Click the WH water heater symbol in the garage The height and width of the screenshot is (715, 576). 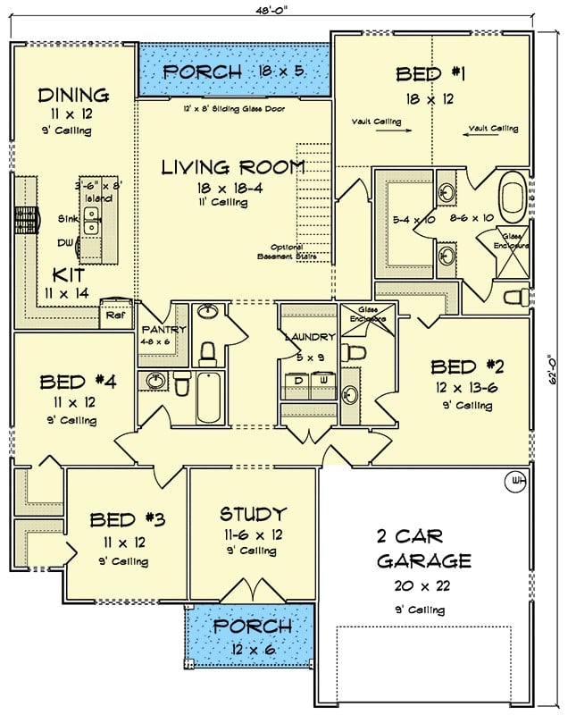[x=515, y=482]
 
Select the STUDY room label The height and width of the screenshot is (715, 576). [x=253, y=514]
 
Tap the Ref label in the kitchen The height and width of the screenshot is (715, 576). [x=114, y=314]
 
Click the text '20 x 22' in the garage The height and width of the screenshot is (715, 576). [x=424, y=588]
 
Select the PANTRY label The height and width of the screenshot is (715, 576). [x=163, y=330]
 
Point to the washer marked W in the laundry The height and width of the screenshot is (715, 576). [x=323, y=381]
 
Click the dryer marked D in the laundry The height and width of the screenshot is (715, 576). [x=297, y=381]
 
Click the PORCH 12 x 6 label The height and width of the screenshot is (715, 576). [x=251, y=636]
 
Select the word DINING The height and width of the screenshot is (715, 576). [x=73, y=95]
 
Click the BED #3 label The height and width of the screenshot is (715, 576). [x=126, y=520]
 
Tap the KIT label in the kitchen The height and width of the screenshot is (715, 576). [x=68, y=274]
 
